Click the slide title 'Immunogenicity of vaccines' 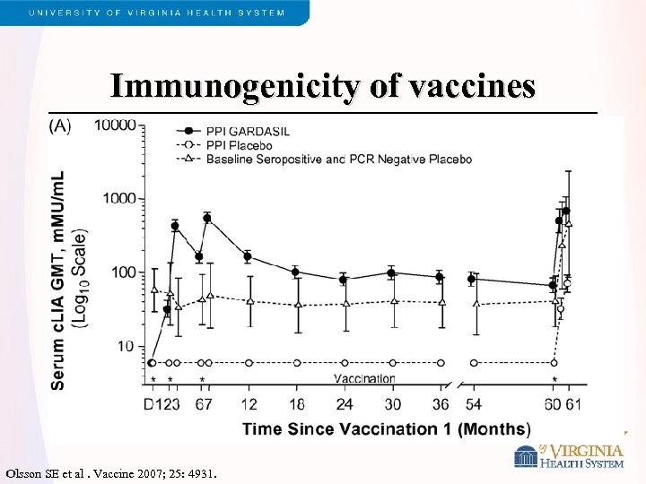[x=323, y=86]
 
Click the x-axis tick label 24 [x=343, y=404]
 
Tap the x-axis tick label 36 [x=440, y=404]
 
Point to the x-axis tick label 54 [x=473, y=404]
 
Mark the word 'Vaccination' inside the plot [x=364, y=378]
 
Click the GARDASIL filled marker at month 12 [x=248, y=256]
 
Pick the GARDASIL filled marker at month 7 [x=207, y=218]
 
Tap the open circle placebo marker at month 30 [x=391, y=363]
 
